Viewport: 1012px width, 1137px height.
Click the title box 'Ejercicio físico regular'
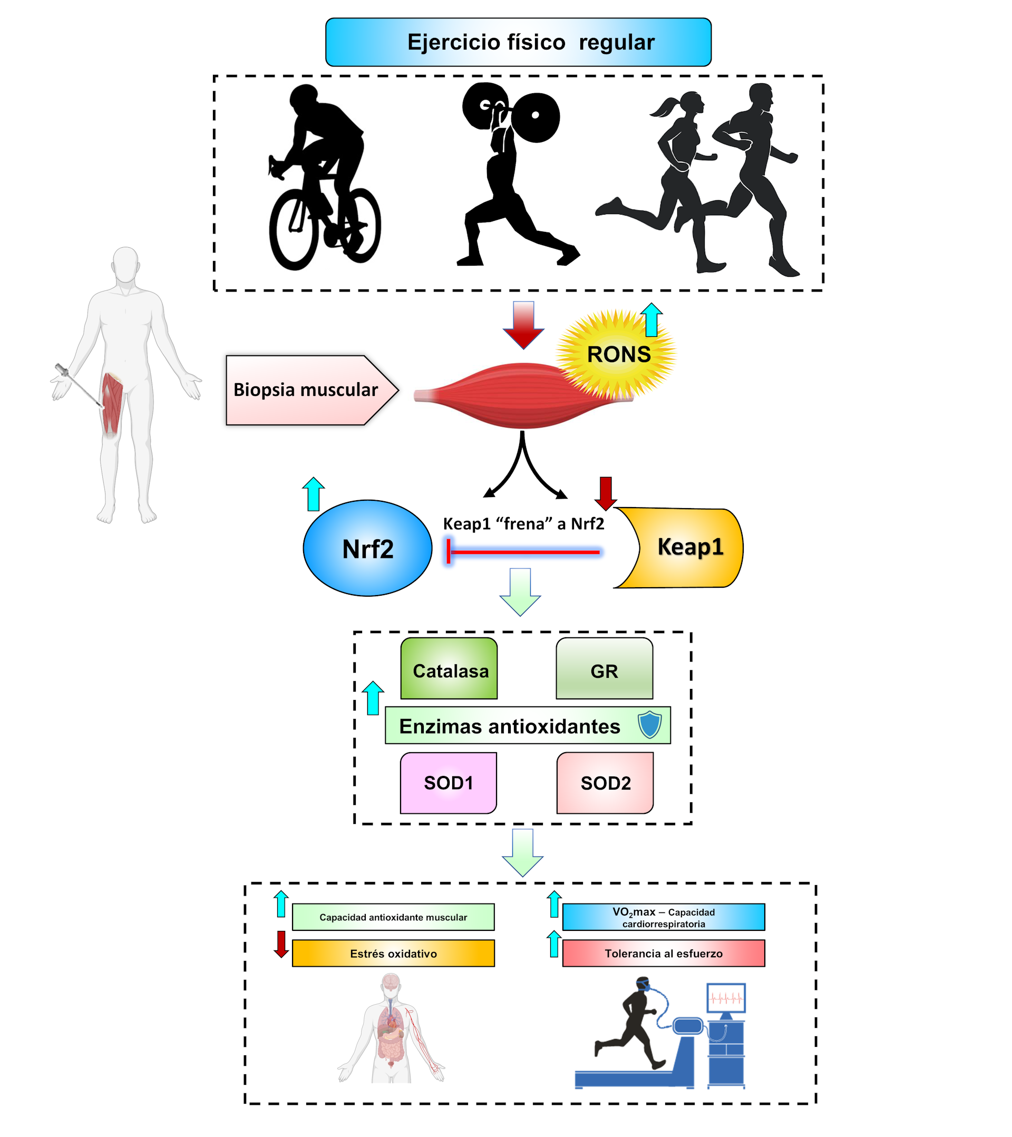(x=518, y=42)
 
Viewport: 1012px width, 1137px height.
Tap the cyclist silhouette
(x=323, y=178)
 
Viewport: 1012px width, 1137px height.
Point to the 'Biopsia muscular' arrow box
(x=306, y=390)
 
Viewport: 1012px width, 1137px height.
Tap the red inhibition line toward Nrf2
(x=523, y=552)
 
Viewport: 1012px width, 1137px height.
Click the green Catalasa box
(x=449, y=668)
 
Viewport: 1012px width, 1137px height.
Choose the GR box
(x=604, y=668)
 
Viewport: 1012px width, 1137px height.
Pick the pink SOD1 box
(x=449, y=783)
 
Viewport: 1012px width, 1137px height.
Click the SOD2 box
(x=605, y=783)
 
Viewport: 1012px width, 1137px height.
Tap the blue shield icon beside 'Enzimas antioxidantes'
(x=649, y=725)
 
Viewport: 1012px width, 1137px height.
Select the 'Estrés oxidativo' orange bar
(x=393, y=954)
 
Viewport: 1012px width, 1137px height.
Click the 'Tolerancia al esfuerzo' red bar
(x=663, y=954)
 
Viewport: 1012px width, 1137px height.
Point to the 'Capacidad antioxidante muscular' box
(x=393, y=917)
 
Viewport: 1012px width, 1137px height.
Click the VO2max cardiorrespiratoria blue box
(x=663, y=917)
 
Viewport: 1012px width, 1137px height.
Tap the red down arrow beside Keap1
(x=605, y=493)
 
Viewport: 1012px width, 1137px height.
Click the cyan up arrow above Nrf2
(x=313, y=493)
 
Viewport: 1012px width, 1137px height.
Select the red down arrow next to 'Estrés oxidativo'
(x=281, y=945)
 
